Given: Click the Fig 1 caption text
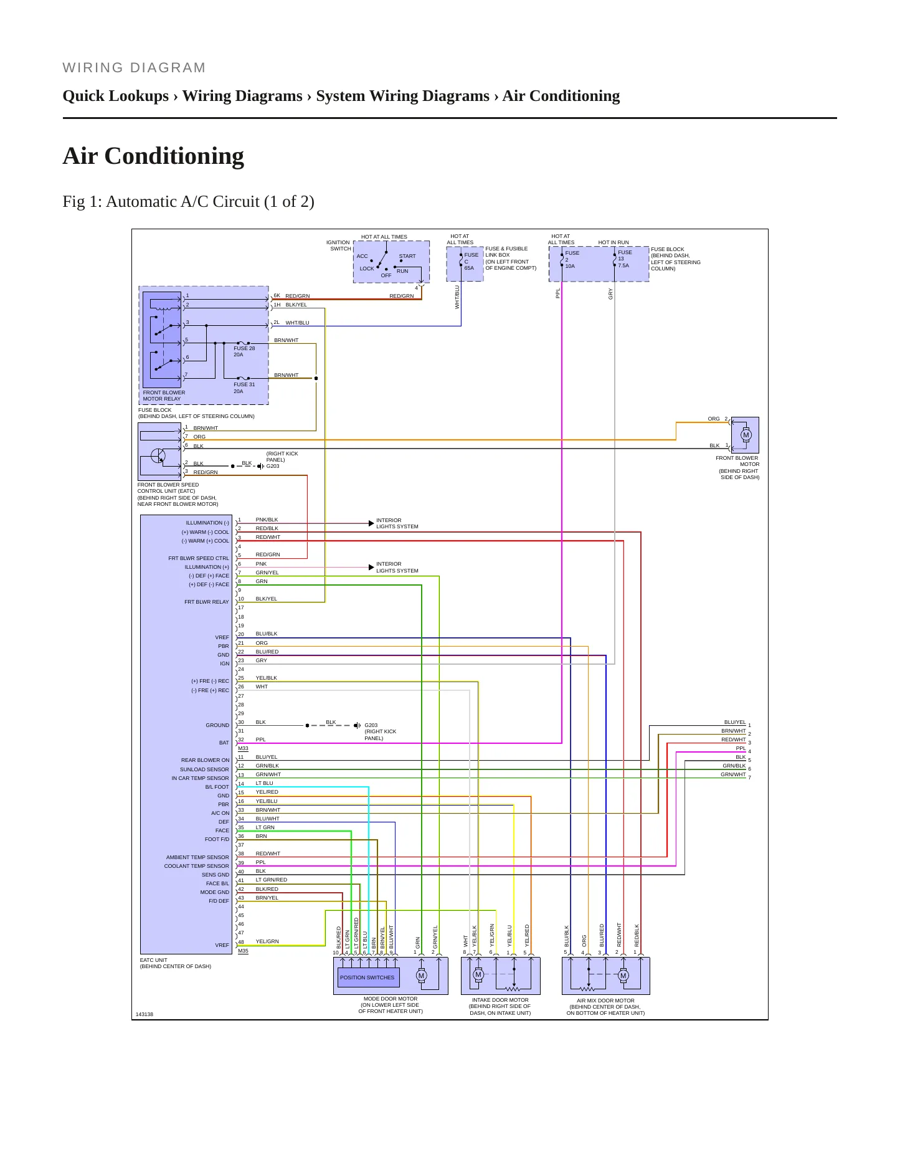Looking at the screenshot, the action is [x=188, y=201].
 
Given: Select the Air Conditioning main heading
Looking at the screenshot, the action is [x=153, y=156].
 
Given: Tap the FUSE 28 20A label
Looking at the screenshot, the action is [x=244, y=351].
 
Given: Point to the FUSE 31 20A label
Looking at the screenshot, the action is [x=244, y=388].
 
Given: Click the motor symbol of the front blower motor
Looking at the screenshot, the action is [x=746, y=435].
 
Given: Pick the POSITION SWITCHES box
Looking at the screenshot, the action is [x=367, y=977].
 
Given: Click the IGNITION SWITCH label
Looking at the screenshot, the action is [x=338, y=245].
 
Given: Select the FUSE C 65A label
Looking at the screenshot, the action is [x=471, y=261].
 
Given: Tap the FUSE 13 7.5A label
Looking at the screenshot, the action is [x=625, y=259].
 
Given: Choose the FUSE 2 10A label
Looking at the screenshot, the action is [x=572, y=259].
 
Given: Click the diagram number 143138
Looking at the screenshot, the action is [x=144, y=1014].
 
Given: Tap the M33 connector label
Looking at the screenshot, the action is [x=243, y=749].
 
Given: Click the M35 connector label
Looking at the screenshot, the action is [x=243, y=951].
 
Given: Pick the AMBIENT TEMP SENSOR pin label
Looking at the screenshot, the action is [x=197, y=857].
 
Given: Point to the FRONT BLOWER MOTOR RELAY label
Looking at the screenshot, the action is [x=164, y=396].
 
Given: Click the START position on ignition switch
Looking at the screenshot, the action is [x=407, y=256].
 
